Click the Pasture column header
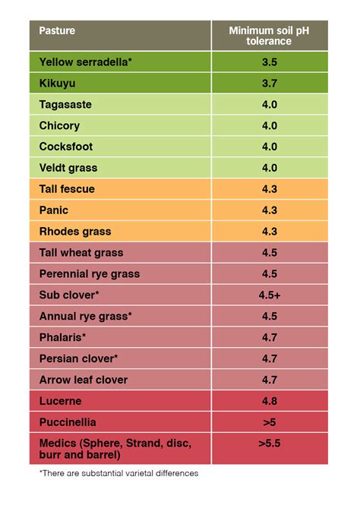[57, 32]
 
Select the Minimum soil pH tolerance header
[270, 36]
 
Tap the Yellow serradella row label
[86, 62]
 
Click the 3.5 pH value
[270, 62]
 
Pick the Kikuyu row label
[58, 84]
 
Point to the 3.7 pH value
[270, 84]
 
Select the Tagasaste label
[66, 105]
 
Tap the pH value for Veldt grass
[270, 168]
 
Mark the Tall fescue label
[67, 189]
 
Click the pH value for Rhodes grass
[270, 232]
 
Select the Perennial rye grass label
[90, 273]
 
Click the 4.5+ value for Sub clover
[270, 295]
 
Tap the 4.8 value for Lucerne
[270, 400]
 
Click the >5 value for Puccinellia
[270, 421]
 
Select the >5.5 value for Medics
[270, 443]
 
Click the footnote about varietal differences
[118, 473]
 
